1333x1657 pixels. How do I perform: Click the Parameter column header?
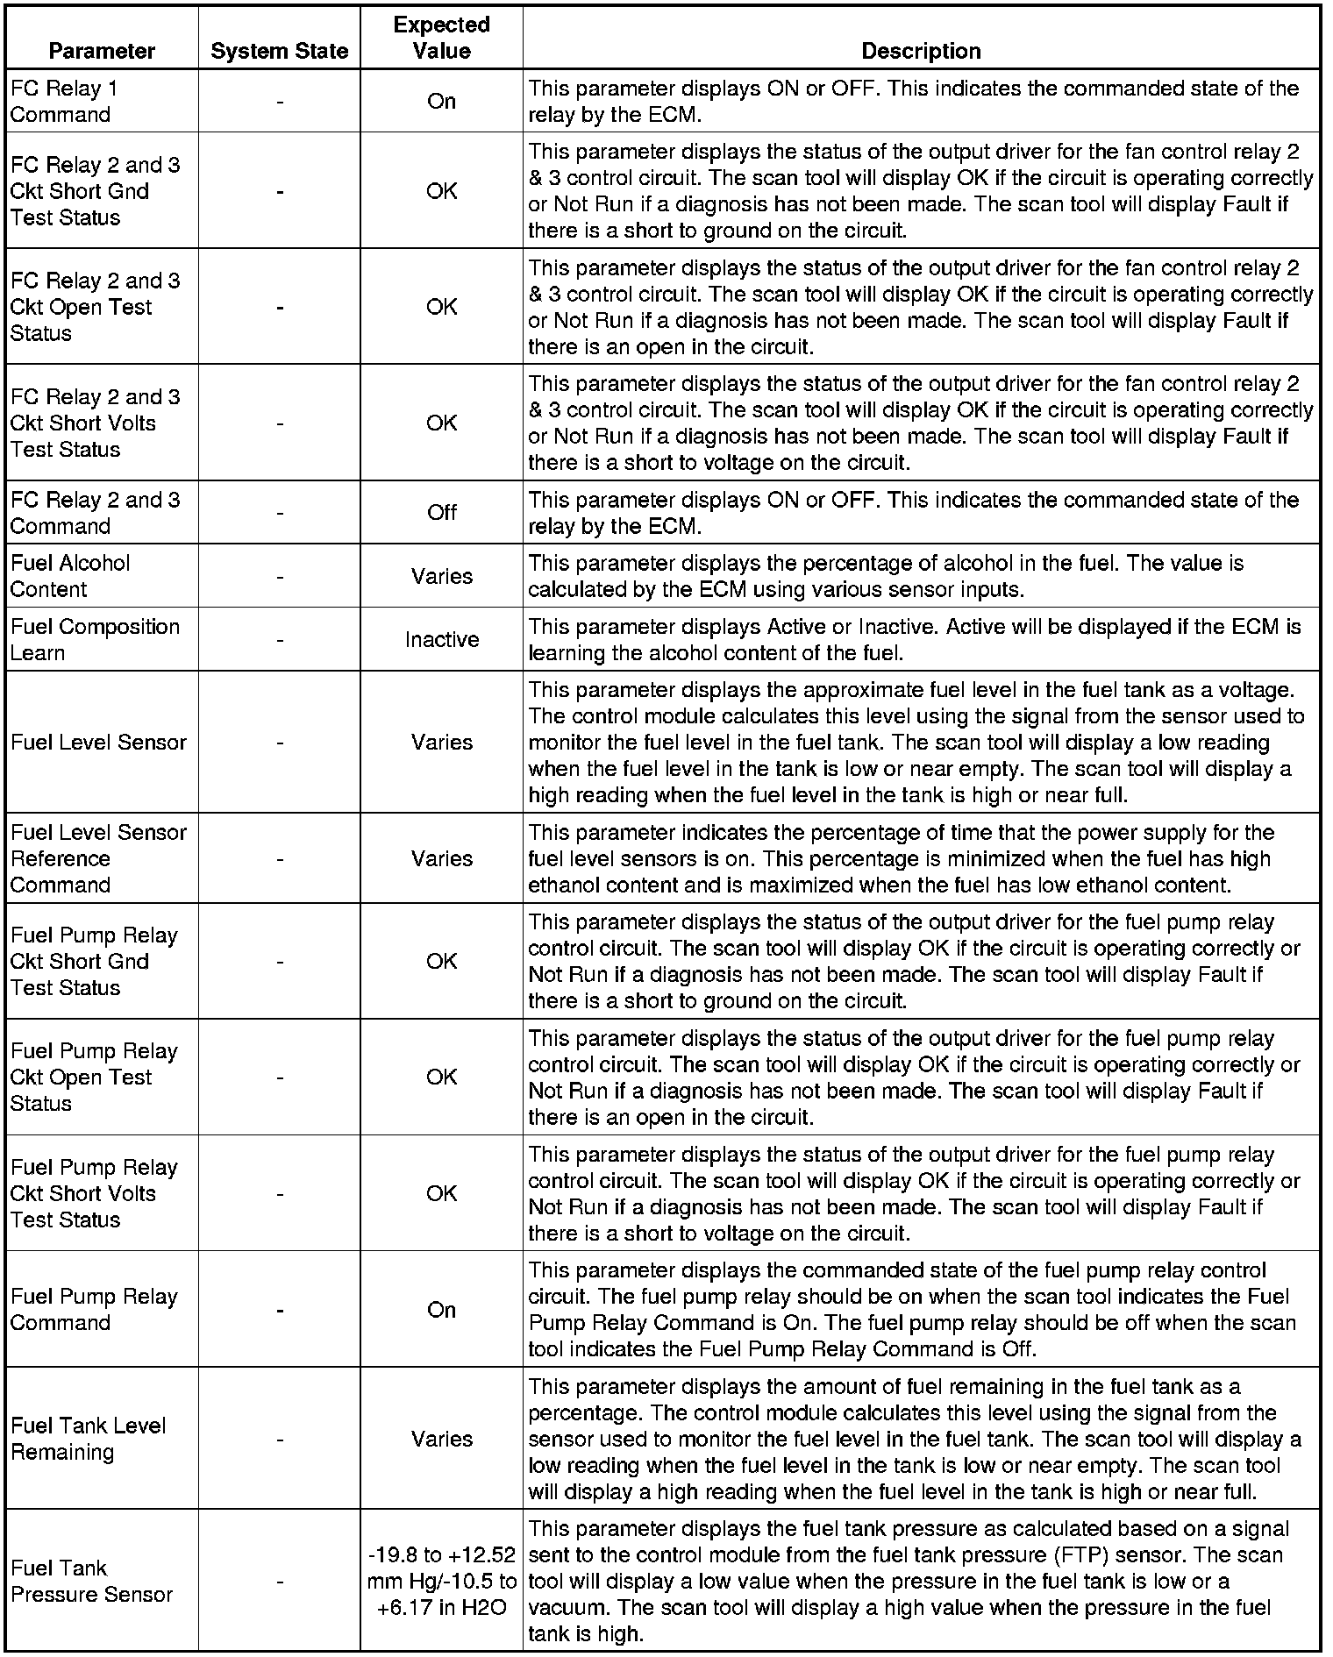102,51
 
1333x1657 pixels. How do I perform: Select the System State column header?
279,51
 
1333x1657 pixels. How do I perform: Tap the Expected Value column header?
441,38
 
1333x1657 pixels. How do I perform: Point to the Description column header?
921,51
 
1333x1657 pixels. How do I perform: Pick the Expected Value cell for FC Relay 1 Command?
441,101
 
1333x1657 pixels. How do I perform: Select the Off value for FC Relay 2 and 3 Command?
441,512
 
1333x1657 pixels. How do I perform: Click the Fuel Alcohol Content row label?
70,575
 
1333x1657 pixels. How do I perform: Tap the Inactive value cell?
441,639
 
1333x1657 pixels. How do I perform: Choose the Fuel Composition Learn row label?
95,639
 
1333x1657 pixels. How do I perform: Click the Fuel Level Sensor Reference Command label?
98,857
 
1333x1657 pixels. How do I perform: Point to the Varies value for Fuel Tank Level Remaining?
441,1439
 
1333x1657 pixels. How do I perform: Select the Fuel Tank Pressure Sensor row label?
91,1581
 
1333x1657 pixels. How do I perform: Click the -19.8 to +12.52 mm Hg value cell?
441,1581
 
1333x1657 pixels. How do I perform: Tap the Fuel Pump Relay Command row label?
94,1309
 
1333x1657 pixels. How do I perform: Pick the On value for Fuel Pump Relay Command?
441,1309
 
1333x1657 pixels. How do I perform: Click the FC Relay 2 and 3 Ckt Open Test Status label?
95,307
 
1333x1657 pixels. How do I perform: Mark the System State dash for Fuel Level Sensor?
279,742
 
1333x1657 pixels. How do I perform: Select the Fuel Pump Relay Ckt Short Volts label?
94,1193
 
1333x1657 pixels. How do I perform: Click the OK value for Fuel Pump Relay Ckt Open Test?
441,1077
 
